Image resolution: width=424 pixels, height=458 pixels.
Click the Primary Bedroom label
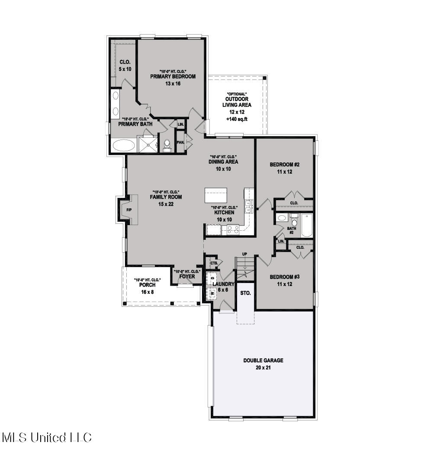[x=173, y=76]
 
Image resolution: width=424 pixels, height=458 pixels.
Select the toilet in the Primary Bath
[x=167, y=145]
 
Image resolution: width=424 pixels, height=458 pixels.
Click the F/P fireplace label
[x=129, y=210]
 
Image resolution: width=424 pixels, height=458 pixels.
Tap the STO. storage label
[x=245, y=293]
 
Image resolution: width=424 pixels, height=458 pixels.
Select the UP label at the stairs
[x=244, y=254]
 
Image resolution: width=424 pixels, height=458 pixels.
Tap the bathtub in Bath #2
[x=307, y=226]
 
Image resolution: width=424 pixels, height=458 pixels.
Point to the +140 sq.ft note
[x=237, y=119]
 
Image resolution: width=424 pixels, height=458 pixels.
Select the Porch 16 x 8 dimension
[x=147, y=292]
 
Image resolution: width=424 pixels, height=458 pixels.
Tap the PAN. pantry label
[x=180, y=142]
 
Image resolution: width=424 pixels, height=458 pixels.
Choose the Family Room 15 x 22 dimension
[x=166, y=204]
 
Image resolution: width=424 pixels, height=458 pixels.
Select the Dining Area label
[x=224, y=162]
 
